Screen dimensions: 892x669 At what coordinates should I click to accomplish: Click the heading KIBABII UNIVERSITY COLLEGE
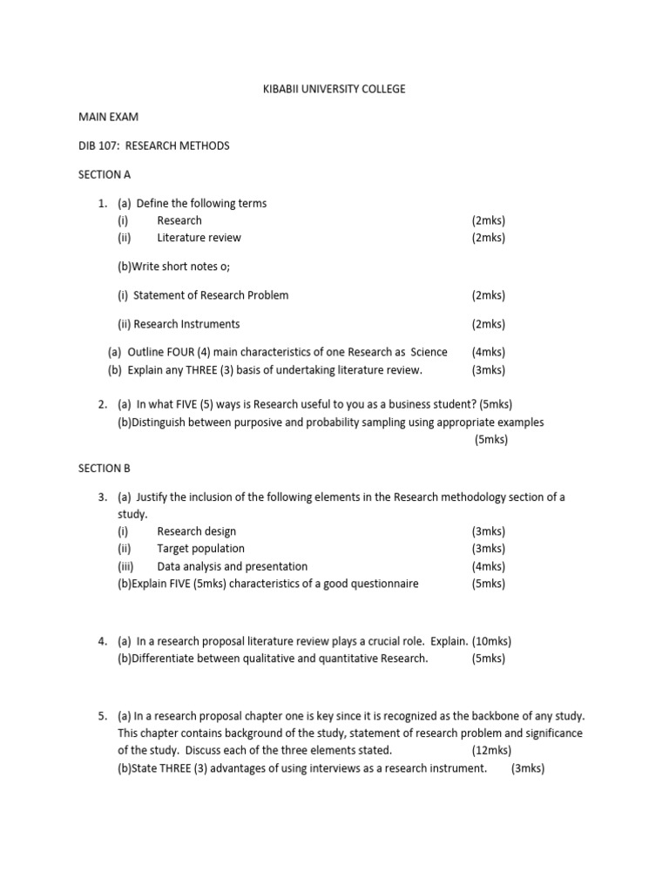[x=334, y=90]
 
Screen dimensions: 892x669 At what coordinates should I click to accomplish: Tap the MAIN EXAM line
[x=108, y=118]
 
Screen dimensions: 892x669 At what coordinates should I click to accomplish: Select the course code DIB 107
[x=98, y=146]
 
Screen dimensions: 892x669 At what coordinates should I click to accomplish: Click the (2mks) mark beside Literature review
[x=488, y=238]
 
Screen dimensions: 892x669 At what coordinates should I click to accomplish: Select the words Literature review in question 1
[x=199, y=238]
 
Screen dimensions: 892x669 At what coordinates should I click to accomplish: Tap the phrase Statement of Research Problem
[x=211, y=295]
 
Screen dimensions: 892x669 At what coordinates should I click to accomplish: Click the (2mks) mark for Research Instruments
[x=488, y=324]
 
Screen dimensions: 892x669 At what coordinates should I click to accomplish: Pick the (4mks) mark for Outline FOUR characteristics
[x=488, y=353]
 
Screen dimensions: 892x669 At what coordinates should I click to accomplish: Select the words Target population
[x=200, y=549]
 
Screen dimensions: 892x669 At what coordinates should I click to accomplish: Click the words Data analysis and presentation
[x=232, y=566]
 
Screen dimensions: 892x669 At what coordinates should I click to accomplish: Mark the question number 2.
[x=102, y=405]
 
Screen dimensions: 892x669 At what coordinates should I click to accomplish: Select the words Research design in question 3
[x=196, y=531]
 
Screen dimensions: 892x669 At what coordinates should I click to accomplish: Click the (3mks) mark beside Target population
[x=488, y=549]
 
